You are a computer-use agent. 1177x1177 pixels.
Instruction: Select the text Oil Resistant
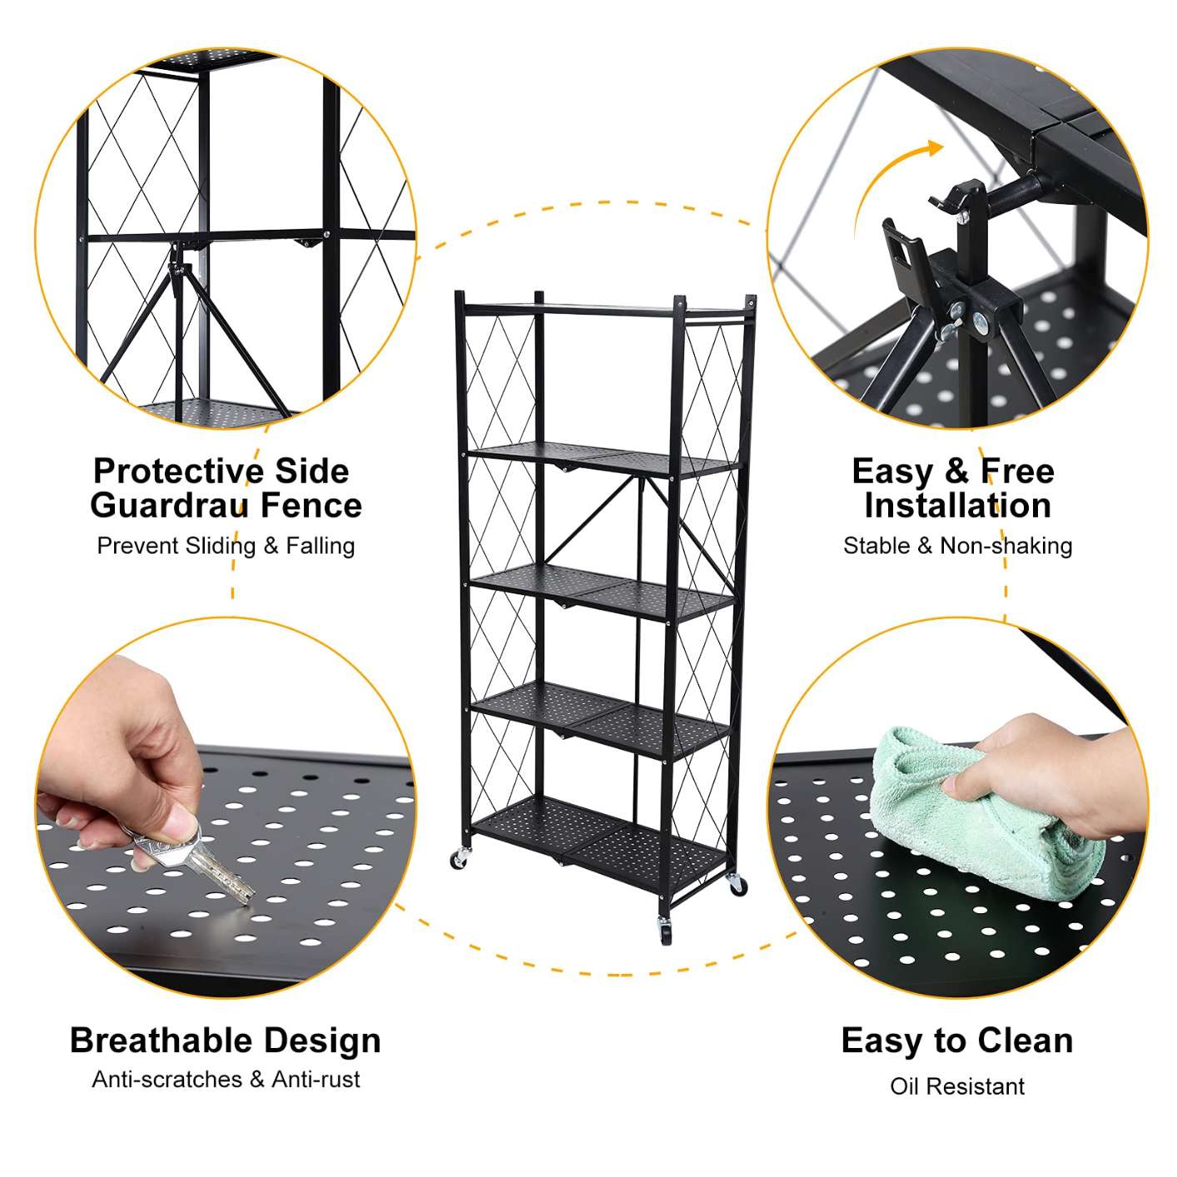957,1085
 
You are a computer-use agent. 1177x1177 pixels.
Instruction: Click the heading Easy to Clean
957,1040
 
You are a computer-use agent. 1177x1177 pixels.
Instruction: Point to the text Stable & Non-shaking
957,545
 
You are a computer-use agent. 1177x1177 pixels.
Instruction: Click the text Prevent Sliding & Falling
226,545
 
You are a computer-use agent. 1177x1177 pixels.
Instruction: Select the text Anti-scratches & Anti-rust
226,1079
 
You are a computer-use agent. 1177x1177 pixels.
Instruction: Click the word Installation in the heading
957,505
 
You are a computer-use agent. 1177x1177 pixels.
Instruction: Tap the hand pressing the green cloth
1057,774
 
